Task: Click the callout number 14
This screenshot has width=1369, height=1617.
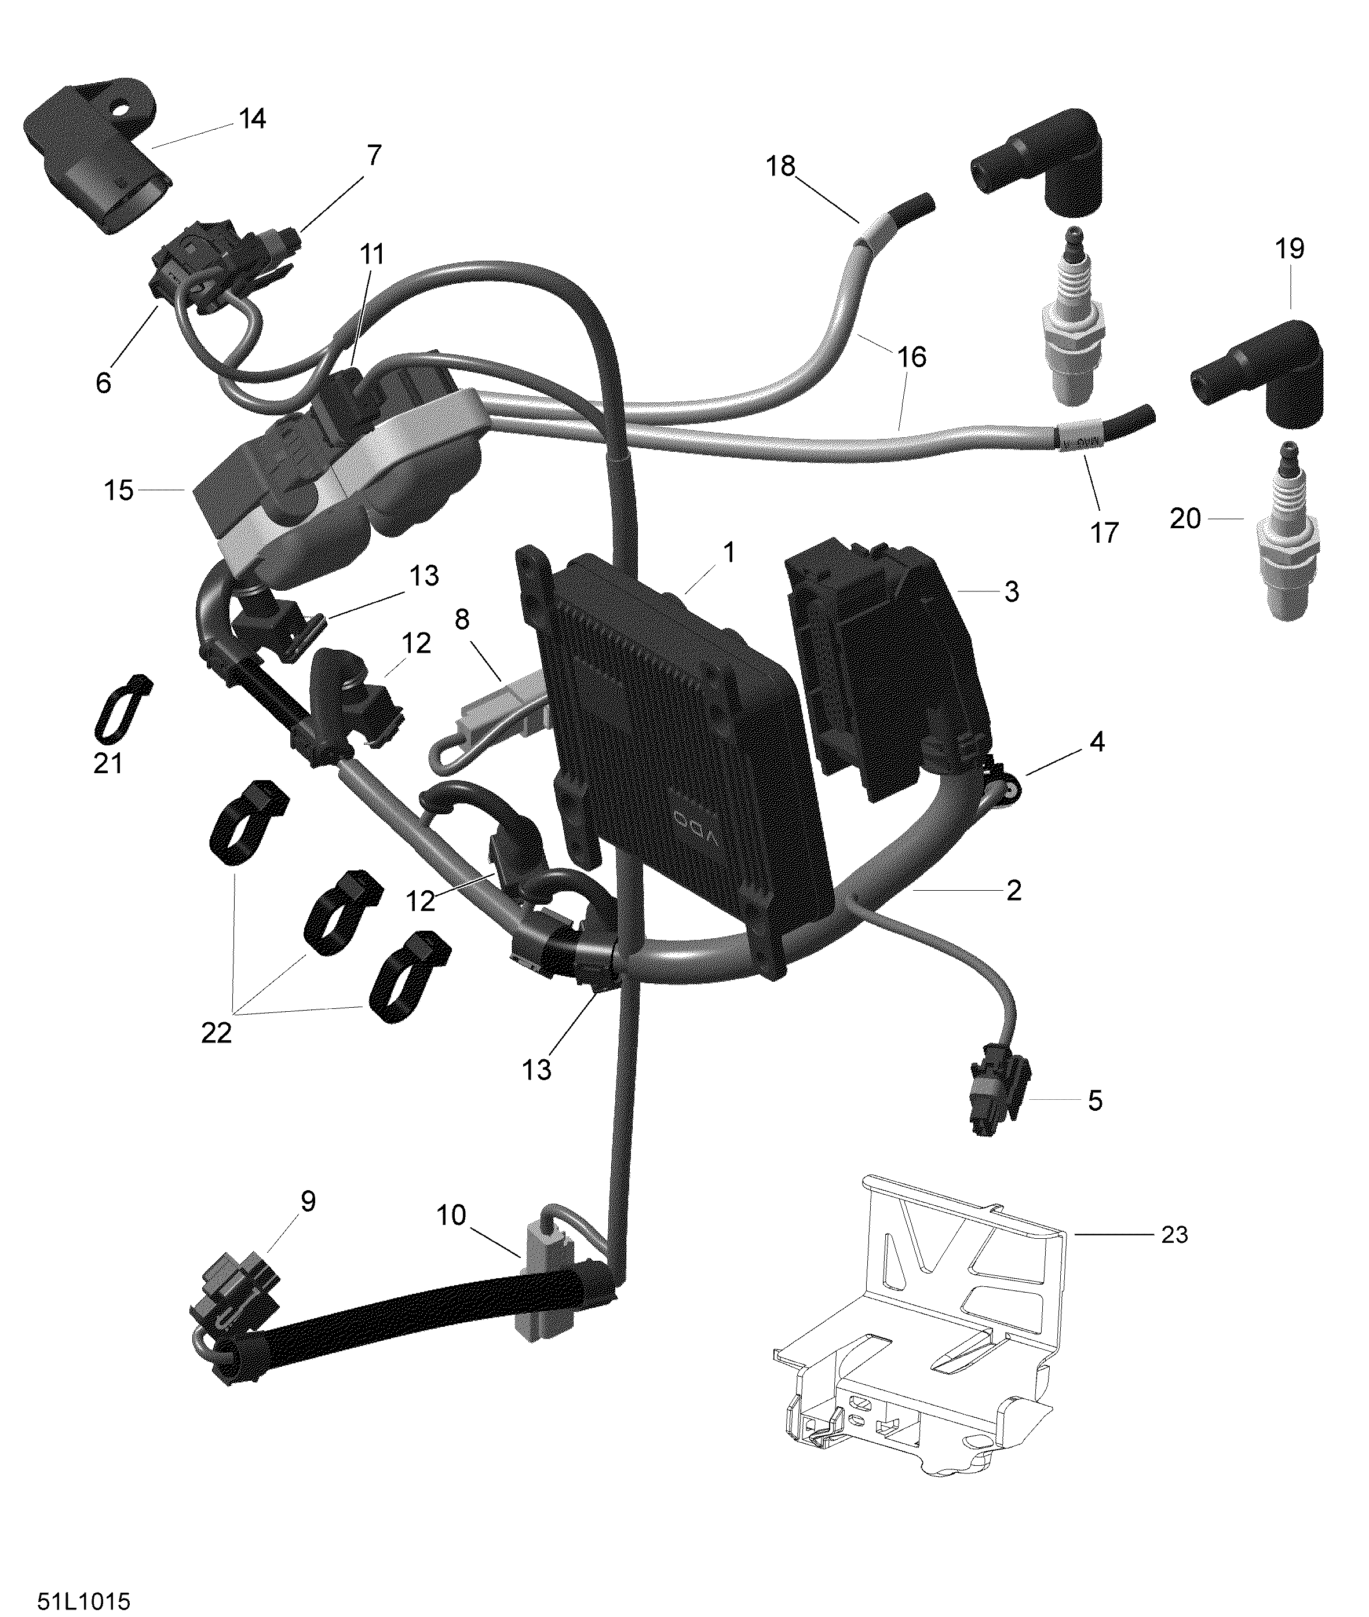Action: click(252, 119)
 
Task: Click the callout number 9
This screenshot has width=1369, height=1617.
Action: click(308, 1202)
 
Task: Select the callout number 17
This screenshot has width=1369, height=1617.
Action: click(1104, 532)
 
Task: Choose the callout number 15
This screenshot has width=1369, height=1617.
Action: click(119, 491)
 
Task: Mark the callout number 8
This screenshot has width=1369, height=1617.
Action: click(462, 619)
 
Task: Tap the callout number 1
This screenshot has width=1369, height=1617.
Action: click(728, 553)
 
